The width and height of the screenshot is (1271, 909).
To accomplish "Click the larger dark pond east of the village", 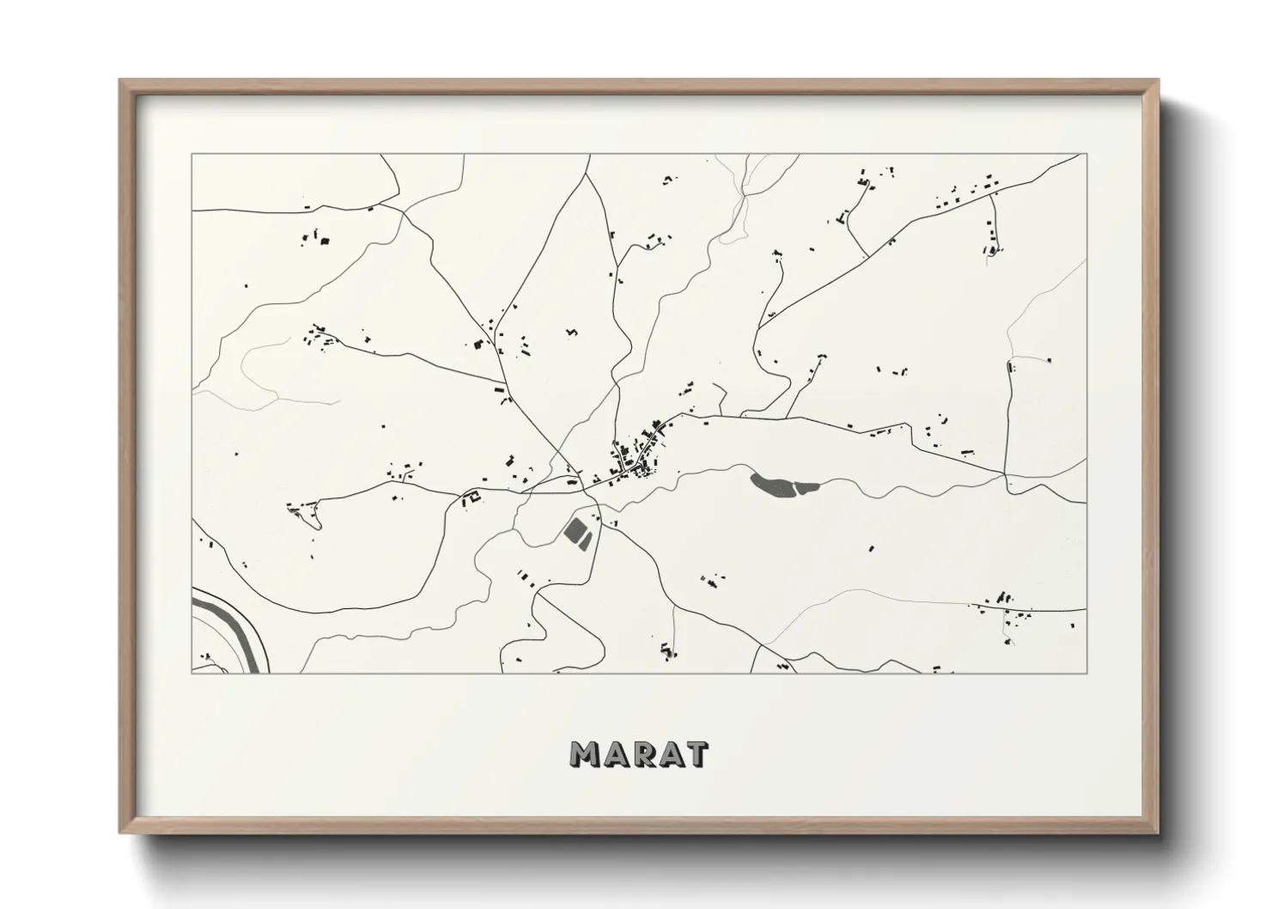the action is click(x=773, y=485).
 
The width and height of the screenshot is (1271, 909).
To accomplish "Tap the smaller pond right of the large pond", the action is click(x=808, y=488).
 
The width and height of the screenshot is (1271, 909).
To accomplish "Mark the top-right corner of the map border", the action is click(x=1086, y=155).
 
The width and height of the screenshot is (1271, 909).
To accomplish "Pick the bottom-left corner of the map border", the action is click(x=192, y=673).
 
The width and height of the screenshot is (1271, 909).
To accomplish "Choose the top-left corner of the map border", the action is click(x=192, y=155).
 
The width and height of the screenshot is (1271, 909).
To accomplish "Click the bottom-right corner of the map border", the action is click(x=1086, y=673).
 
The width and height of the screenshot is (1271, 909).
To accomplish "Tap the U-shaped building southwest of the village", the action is click(x=471, y=497).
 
